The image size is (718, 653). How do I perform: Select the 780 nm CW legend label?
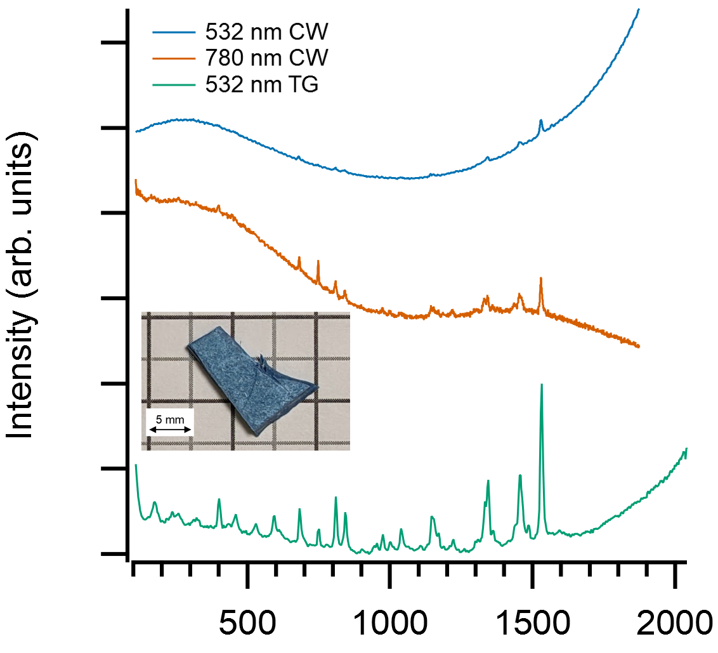[266, 58]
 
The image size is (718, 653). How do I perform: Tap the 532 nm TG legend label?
[261, 84]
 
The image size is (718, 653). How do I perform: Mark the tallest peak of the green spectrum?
[541, 385]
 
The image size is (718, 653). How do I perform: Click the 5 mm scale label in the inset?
[169, 419]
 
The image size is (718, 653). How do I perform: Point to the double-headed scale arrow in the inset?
[169, 430]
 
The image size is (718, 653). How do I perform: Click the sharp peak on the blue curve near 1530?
[540, 120]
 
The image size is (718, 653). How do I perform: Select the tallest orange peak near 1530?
[540, 278]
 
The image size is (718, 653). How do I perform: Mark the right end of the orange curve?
[638, 346]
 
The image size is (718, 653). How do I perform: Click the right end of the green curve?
[686, 449]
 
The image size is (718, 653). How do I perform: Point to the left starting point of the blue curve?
[136, 131]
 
